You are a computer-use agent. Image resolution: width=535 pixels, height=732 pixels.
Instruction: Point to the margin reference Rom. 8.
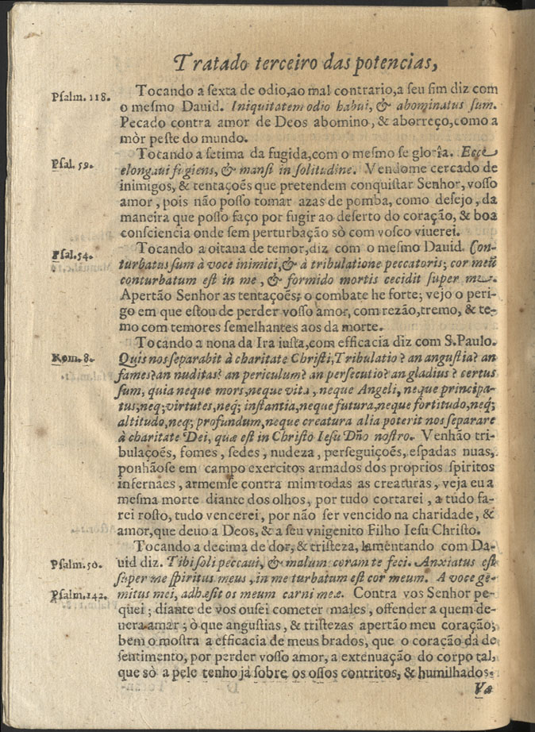(x=72, y=359)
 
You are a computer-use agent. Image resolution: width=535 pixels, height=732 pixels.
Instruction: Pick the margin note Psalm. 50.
(x=73, y=564)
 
